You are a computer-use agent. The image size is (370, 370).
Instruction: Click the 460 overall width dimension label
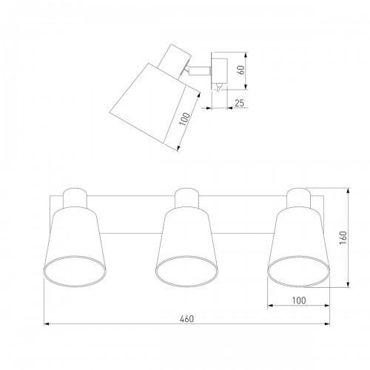(x=186, y=319)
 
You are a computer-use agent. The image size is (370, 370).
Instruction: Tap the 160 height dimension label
(x=343, y=238)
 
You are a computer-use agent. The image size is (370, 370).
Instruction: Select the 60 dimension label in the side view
(x=241, y=70)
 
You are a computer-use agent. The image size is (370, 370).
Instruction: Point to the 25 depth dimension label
(x=239, y=103)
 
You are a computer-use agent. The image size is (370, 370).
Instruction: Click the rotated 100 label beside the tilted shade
(x=184, y=119)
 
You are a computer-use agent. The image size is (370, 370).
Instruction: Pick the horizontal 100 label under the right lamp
(x=299, y=300)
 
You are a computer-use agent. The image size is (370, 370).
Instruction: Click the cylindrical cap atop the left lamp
(x=75, y=198)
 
